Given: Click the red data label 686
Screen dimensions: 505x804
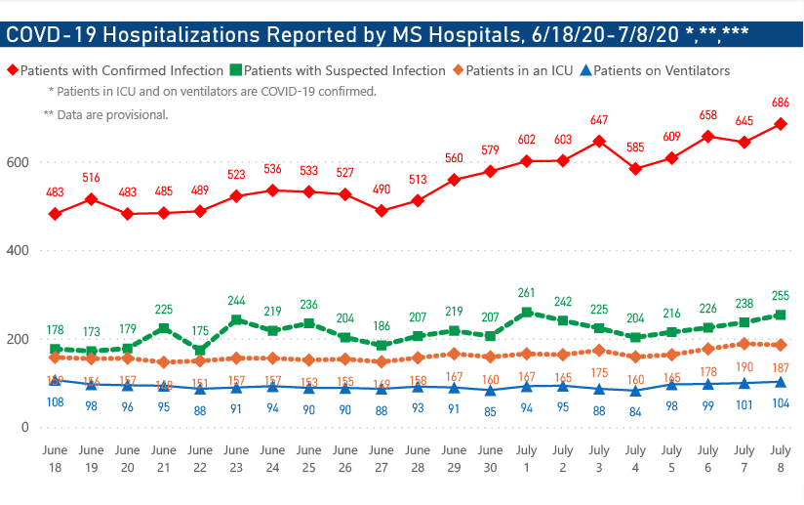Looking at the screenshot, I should [x=780, y=103].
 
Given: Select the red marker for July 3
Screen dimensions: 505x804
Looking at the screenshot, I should [x=599, y=141].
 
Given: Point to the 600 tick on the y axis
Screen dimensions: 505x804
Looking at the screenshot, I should [x=19, y=162].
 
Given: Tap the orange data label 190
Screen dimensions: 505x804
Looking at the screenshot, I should [x=744, y=367].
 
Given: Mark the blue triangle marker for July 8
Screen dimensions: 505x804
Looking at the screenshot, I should [x=780, y=382].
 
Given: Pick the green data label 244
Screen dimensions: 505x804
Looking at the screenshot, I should [x=236, y=300].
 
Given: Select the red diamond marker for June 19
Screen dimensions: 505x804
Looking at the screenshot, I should [x=91, y=199].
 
